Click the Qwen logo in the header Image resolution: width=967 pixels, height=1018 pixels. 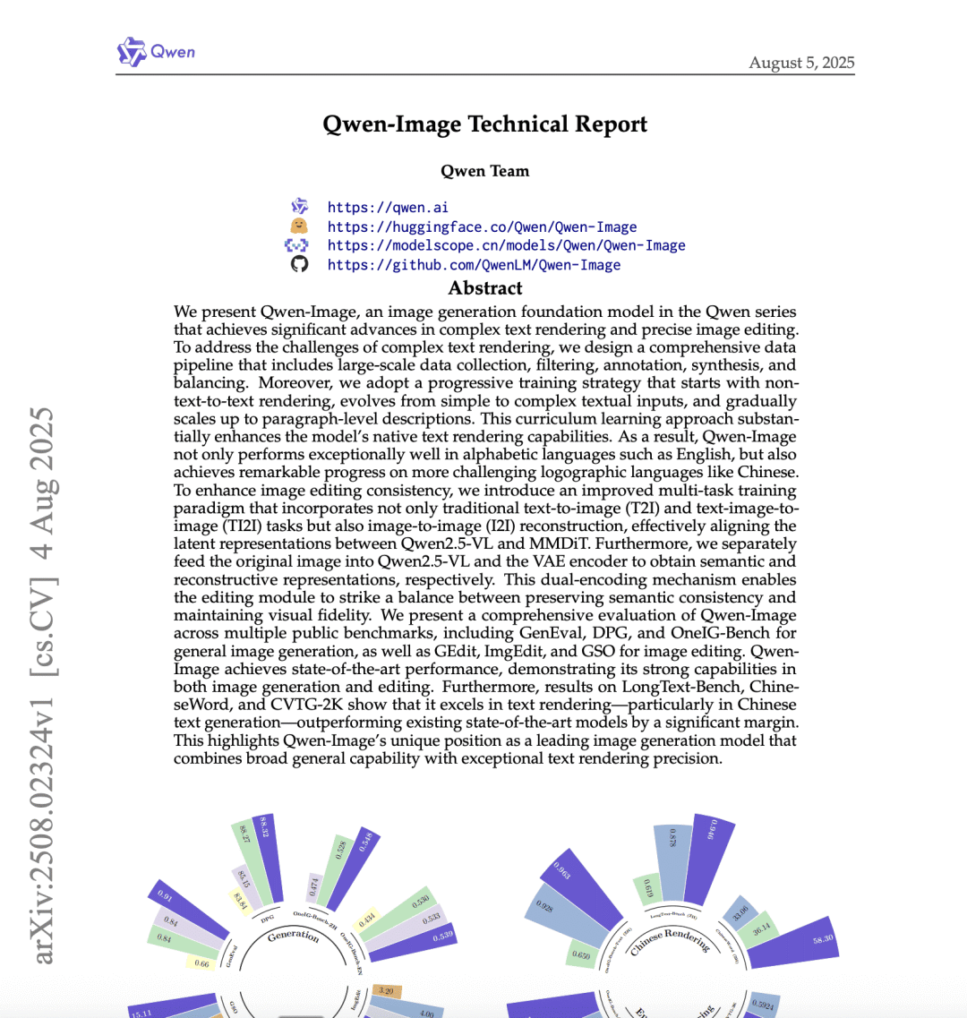[156, 52]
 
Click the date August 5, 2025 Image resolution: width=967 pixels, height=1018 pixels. [801, 63]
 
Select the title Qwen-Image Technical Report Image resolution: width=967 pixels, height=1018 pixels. [484, 124]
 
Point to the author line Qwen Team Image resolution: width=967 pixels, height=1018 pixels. [484, 171]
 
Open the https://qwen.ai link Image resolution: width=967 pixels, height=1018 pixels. [388, 208]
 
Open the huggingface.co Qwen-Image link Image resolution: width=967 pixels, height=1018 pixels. [482, 227]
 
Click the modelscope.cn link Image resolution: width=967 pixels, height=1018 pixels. [506, 245]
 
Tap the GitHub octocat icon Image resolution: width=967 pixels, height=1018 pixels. [299, 264]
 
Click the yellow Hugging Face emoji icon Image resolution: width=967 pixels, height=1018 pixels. [299, 227]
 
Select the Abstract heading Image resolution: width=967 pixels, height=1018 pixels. [484, 288]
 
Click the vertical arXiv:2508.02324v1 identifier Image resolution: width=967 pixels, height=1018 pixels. [42, 685]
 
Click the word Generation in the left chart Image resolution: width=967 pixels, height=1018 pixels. [293, 936]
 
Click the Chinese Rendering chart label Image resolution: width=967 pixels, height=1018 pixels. [670, 940]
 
